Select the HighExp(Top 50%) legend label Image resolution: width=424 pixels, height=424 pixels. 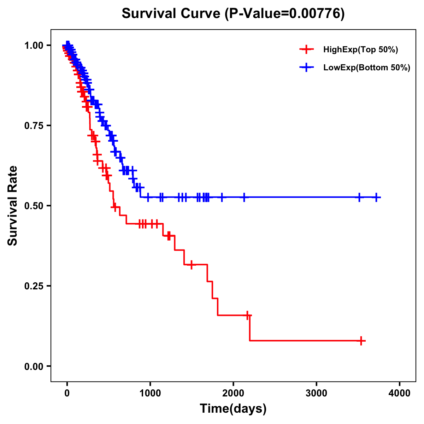(x=360, y=50)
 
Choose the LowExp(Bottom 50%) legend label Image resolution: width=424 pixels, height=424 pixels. (x=367, y=68)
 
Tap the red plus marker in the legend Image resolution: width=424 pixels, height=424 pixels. (x=306, y=49)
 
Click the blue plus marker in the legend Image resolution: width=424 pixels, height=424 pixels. (x=306, y=67)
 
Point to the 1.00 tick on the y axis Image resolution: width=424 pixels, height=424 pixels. (x=34, y=45)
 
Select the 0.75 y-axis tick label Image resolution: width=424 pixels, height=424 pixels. (x=34, y=125)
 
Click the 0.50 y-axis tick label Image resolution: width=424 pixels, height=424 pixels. (x=34, y=206)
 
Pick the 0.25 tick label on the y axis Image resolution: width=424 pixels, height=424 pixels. (x=34, y=286)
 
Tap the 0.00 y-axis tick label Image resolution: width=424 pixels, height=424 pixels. (x=34, y=366)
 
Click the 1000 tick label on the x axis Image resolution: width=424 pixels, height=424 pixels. (x=150, y=393)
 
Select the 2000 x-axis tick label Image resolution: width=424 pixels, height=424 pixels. (x=233, y=393)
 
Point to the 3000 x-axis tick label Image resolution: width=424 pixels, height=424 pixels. (x=316, y=393)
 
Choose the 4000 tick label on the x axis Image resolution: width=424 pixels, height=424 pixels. (x=400, y=393)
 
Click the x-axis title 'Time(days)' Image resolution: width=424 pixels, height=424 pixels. (x=233, y=409)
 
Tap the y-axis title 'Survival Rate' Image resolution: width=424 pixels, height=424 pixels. (x=13, y=205)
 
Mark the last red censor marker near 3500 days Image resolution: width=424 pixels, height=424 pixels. (x=361, y=341)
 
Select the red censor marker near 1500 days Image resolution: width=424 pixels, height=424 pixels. (x=191, y=265)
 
